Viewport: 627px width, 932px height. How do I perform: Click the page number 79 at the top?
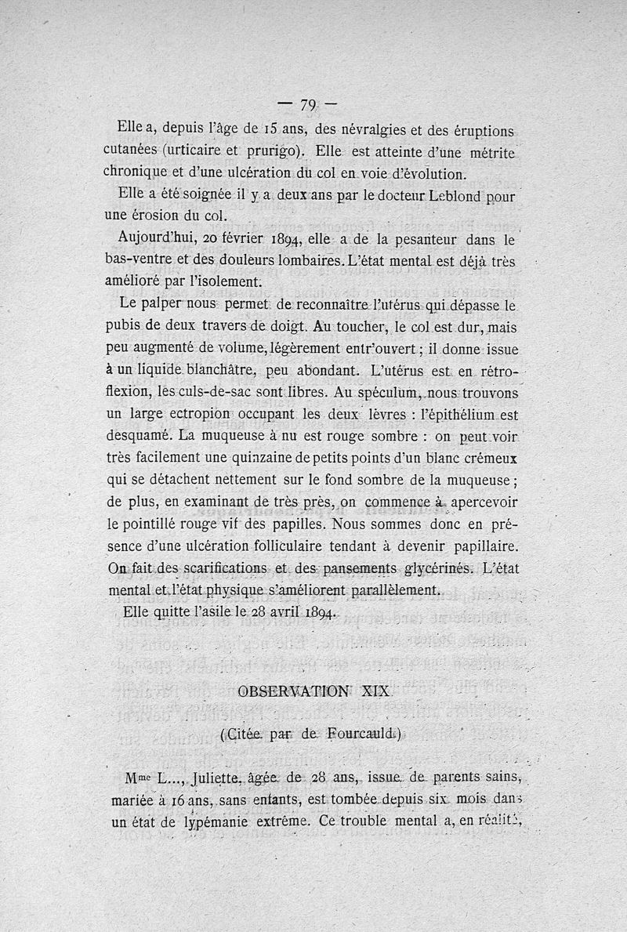308,105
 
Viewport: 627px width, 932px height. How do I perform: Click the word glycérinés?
435,568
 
